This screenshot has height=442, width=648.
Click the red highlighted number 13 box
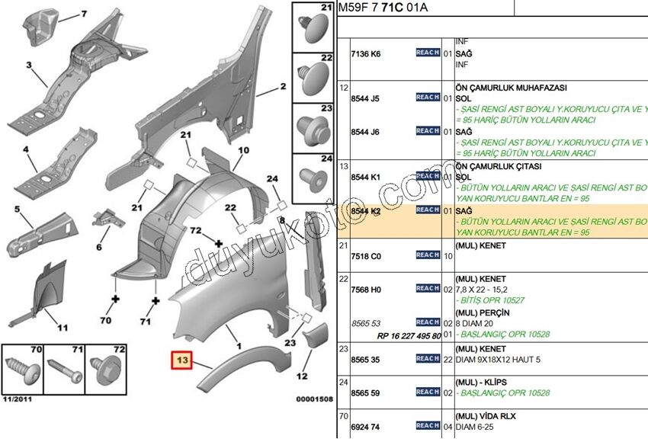point(183,360)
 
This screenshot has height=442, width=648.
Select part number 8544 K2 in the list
point(365,210)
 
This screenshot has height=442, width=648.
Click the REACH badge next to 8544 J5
point(427,98)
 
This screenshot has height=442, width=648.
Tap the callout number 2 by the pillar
point(283,87)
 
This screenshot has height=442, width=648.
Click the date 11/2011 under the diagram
point(18,399)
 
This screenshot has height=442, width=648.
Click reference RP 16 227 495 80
point(409,335)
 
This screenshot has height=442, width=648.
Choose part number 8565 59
point(365,392)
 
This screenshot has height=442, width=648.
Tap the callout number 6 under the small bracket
point(98,248)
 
